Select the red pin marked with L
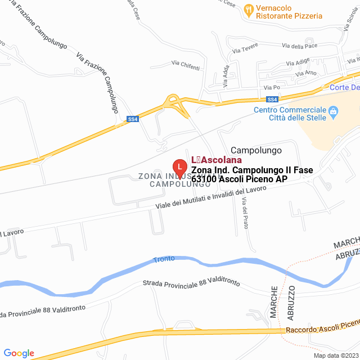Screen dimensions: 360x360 click(179, 167)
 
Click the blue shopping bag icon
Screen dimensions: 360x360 click(334, 112)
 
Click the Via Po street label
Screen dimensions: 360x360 click(272, 88)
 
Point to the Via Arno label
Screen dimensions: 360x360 click(306, 73)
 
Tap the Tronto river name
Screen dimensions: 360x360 click(164, 259)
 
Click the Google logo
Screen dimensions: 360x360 click(19, 353)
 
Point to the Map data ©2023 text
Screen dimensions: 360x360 click(336, 355)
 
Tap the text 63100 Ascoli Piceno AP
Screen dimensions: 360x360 click(240, 179)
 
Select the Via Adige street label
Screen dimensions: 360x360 click(298, 62)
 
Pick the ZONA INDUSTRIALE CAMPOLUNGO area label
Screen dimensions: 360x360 click(167, 180)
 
